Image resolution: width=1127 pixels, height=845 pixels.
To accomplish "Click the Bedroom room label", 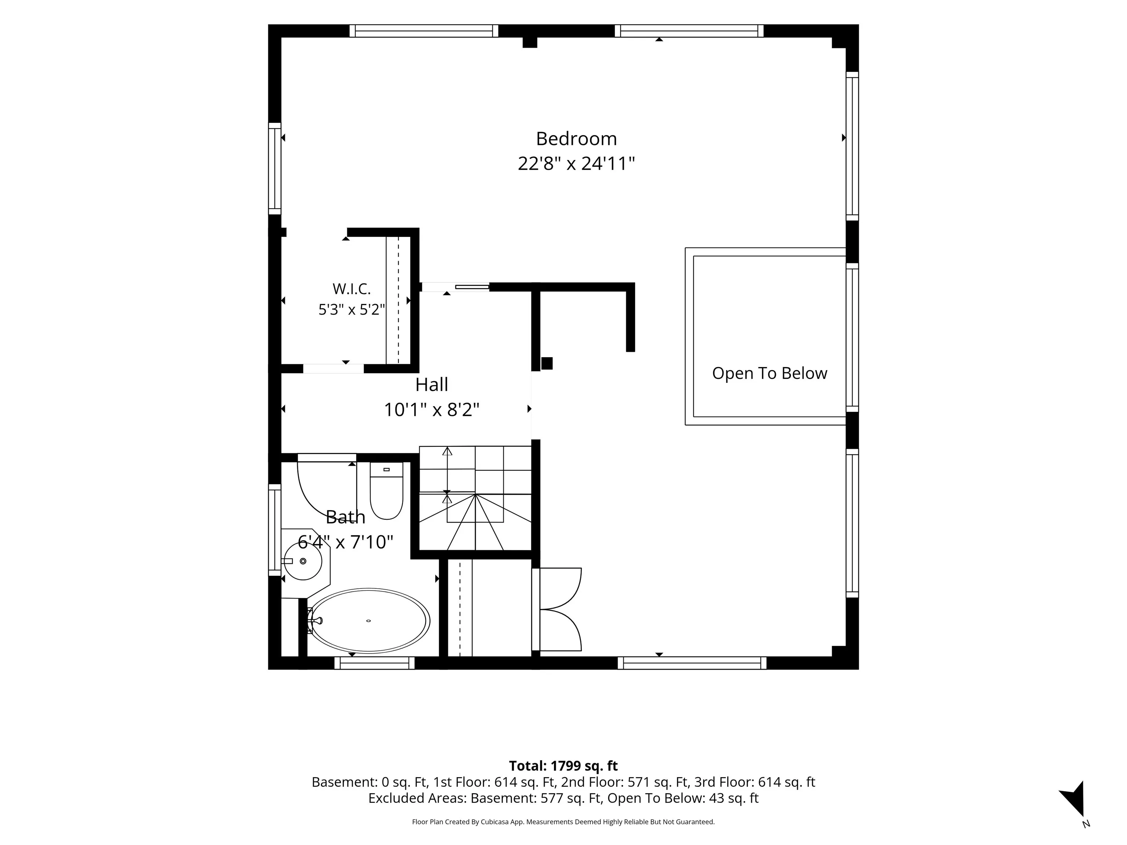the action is [576, 139].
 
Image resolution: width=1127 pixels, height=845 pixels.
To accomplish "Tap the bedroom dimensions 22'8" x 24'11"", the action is [576, 164].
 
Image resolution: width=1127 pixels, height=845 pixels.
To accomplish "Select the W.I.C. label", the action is [351, 289].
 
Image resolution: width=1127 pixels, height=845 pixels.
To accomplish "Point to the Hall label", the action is [431, 385].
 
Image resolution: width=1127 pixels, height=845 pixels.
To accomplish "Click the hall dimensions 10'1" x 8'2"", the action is [431, 410].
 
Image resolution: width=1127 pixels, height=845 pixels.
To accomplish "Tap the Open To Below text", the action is [769, 373].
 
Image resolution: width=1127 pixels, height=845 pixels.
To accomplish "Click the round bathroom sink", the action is [303, 561].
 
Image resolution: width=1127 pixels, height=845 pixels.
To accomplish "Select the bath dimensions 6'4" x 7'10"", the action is [346, 542].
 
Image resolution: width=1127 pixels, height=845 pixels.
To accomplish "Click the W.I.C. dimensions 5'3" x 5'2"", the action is [351, 309].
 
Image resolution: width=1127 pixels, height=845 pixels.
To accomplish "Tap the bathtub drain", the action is [368, 621].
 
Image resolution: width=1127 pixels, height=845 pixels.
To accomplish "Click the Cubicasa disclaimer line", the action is [563, 822].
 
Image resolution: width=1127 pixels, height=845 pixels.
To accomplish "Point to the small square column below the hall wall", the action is [547, 363].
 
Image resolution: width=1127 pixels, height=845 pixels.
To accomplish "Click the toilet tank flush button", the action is [386, 469].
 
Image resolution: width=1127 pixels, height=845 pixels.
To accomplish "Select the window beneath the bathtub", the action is [375, 663].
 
